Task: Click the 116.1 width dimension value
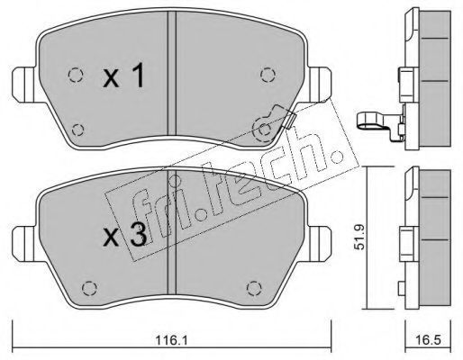[171, 340]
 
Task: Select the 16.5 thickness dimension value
[428, 340]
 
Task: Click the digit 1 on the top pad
[138, 75]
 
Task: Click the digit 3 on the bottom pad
[138, 235]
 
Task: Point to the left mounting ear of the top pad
[24, 85]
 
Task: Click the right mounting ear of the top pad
[320, 85]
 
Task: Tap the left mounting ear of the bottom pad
[24, 243]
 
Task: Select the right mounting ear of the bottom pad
[320, 243]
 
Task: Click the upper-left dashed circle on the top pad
[76, 75]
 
